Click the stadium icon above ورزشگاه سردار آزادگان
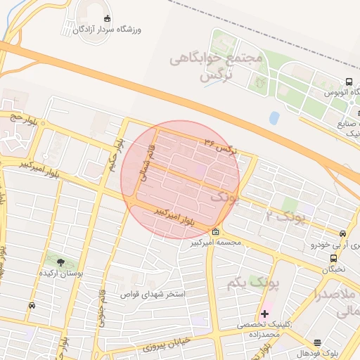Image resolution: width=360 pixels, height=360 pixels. (107, 18)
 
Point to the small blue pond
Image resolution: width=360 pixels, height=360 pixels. (274, 118)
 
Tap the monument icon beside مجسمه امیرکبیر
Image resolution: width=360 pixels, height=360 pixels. (214, 233)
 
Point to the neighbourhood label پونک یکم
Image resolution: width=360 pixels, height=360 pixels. (253, 283)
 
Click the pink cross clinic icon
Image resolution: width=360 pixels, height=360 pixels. (264, 314)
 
